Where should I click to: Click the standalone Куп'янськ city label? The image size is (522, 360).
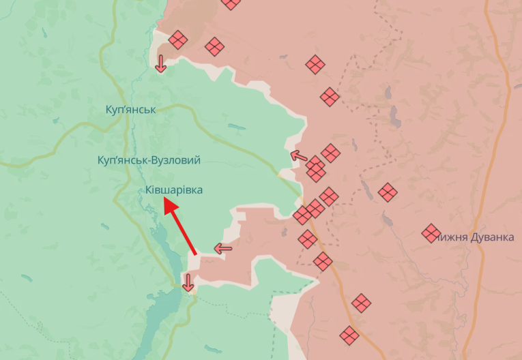131,109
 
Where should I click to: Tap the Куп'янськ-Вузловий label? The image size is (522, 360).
149,160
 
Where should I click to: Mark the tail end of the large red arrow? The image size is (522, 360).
196,254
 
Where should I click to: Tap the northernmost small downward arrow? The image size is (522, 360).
160,63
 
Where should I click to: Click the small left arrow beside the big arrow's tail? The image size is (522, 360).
223,248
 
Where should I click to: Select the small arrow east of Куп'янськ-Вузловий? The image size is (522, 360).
298,156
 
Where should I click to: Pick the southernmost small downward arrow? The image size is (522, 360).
188,281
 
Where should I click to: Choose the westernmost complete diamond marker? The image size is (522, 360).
178,40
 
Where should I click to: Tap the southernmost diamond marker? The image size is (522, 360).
349,335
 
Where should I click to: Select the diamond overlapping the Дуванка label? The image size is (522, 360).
431,233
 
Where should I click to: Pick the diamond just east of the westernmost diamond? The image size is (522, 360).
214,47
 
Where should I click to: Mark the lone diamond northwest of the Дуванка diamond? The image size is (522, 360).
388,192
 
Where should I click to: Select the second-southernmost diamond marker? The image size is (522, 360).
362,303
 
